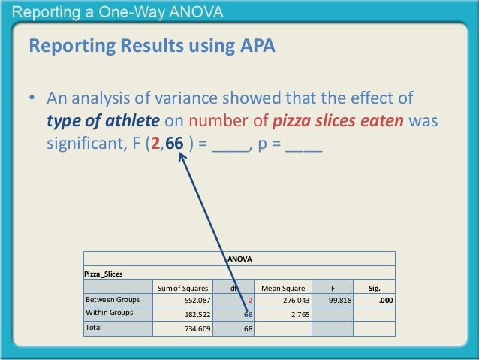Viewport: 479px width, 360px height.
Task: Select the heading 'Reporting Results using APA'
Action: (152, 47)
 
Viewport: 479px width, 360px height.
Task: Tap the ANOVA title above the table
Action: (239, 259)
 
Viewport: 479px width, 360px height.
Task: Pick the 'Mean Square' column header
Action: (282, 286)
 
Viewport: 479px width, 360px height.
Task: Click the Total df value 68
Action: (247, 328)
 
